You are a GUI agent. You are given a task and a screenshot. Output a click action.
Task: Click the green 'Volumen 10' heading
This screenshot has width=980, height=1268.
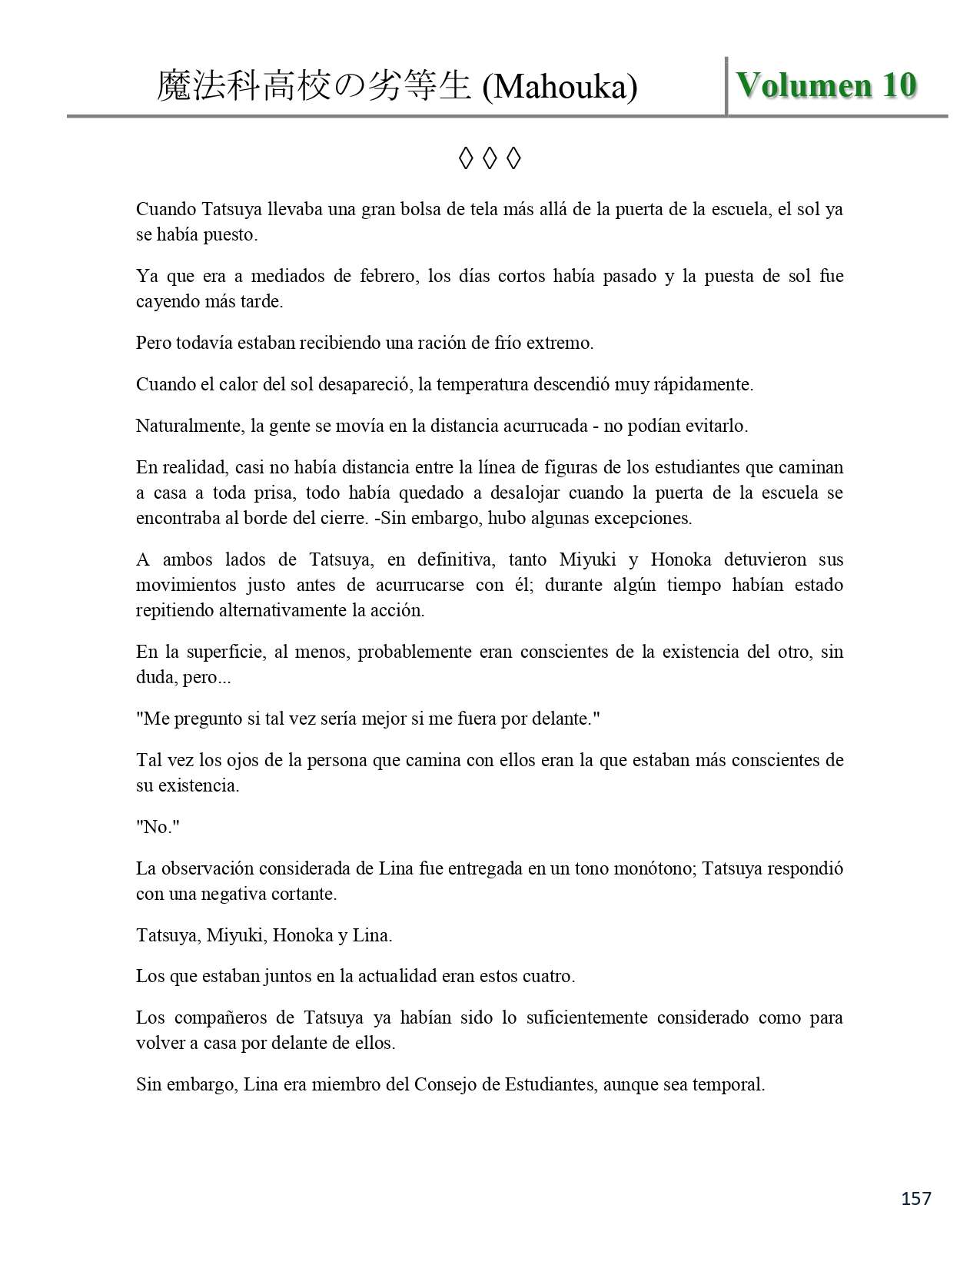click(x=826, y=85)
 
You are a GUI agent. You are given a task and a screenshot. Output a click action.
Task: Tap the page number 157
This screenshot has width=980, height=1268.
click(x=915, y=1198)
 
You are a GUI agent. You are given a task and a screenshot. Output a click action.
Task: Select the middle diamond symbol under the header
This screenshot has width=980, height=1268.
click(x=490, y=159)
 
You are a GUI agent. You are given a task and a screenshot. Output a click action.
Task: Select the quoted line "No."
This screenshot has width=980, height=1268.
click(x=157, y=827)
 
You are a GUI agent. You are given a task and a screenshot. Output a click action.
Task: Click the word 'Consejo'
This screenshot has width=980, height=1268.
click(x=444, y=1084)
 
